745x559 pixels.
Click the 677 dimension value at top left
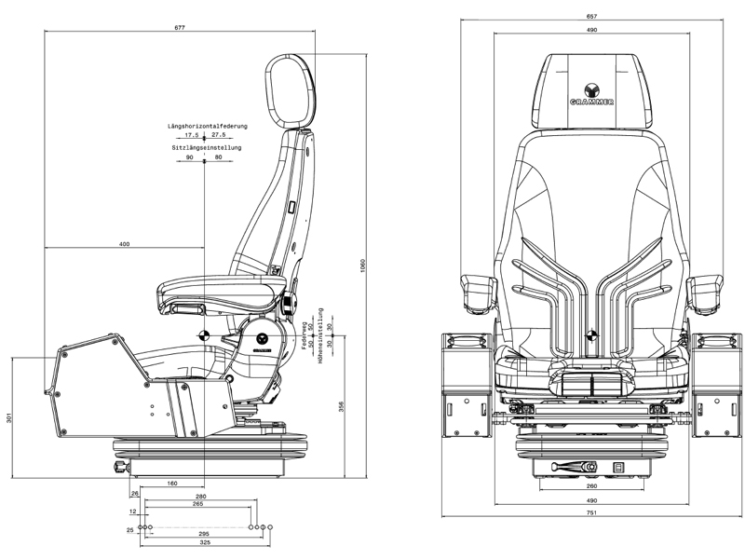[x=180, y=28]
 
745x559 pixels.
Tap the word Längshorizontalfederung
[x=207, y=125]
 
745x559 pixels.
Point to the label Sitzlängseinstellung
[x=207, y=148]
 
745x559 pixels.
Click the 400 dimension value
[x=125, y=243]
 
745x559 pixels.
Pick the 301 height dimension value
[x=9, y=418]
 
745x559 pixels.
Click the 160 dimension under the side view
[x=173, y=483]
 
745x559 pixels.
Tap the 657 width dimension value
[x=591, y=17]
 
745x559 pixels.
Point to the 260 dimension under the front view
[x=591, y=485]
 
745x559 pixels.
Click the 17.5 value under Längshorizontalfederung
[x=192, y=135]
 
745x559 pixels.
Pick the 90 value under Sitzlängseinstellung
[x=190, y=157]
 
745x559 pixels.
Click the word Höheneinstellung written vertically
[x=320, y=334]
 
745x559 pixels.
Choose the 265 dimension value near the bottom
[x=198, y=504]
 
